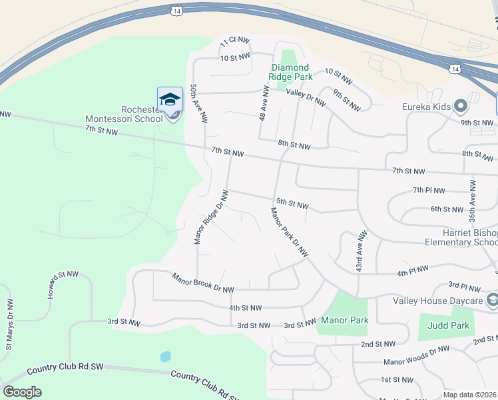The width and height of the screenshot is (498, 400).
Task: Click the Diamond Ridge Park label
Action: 290,72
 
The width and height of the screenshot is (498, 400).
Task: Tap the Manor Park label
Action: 344,320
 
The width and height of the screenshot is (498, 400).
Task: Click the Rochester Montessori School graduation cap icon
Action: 170,99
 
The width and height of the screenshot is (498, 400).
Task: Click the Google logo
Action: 22,392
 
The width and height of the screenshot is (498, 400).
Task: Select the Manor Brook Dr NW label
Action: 203,283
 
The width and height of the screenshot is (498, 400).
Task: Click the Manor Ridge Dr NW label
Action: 211,217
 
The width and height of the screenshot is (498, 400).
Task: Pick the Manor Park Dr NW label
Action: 290,232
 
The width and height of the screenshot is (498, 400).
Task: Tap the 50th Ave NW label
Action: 197,103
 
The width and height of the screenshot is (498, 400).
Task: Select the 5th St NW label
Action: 292,203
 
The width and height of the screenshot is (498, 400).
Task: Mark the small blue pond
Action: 165,357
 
